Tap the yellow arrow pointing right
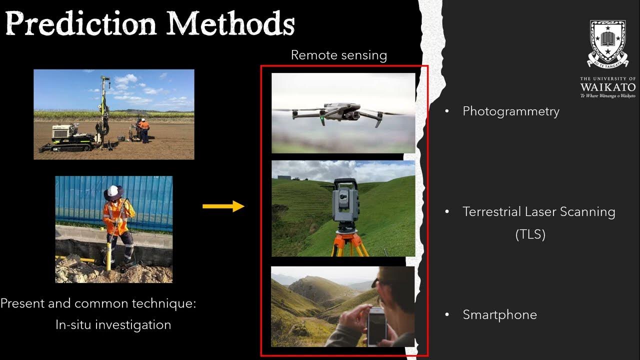[223, 206]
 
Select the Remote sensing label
[338, 55]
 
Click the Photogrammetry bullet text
[510, 111]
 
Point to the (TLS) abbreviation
[530, 234]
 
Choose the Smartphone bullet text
[499, 314]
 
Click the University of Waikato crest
[607, 43]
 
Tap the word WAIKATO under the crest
[607, 87]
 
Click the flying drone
[341, 113]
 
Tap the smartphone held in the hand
[376, 325]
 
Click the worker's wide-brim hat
[114, 192]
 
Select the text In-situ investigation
[113, 324]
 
